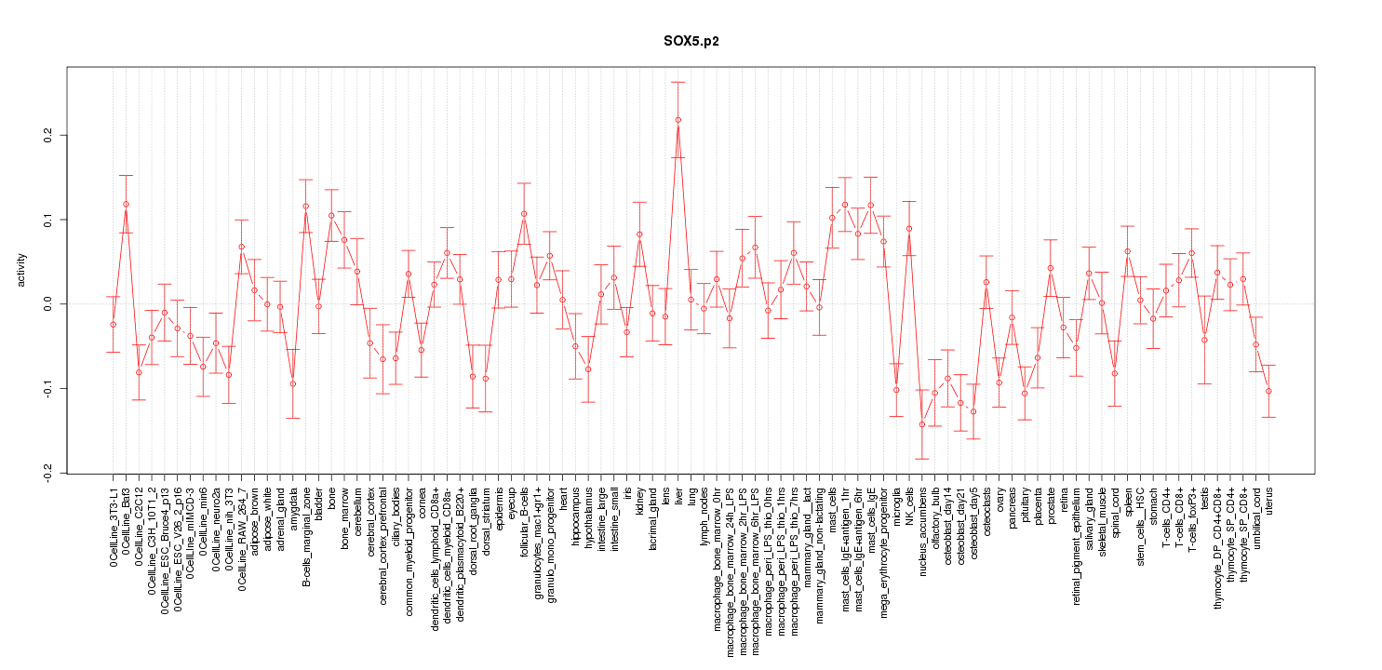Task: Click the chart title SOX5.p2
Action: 691,41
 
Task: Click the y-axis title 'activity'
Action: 21,269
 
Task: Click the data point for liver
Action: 678,120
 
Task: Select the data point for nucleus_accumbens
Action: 921,424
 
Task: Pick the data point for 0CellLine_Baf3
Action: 126,204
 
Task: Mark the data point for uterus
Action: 1268,391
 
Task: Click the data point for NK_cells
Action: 908,229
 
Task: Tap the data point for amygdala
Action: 292,383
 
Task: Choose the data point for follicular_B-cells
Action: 524,214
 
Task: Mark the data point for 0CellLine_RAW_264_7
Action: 241,247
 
